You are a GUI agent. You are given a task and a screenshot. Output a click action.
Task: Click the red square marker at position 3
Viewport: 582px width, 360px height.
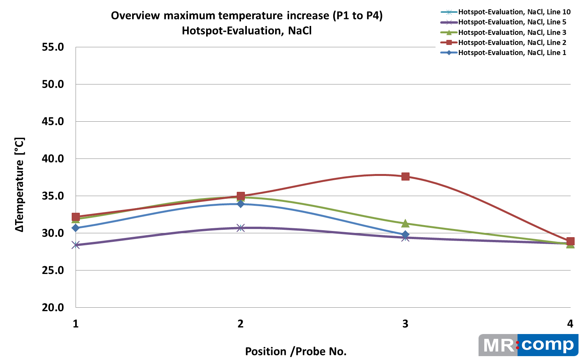(x=405, y=177)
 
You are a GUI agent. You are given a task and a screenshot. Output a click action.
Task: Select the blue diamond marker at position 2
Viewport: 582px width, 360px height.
(x=241, y=204)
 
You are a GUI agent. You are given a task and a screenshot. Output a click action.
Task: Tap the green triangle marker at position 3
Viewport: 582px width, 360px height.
(x=405, y=223)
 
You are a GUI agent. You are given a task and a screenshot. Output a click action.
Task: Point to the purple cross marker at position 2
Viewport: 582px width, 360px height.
(x=241, y=228)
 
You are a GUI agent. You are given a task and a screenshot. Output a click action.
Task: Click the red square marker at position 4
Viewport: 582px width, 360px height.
(x=570, y=241)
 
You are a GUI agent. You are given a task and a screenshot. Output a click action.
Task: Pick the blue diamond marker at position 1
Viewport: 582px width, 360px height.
(x=76, y=228)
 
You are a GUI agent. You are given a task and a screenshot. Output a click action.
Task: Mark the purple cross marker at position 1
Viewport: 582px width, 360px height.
(x=76, y=245)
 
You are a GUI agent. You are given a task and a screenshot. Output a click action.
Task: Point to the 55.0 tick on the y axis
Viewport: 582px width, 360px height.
(x=53, y=47)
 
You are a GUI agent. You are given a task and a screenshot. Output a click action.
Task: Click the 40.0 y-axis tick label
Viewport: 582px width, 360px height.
(x=53, y=158)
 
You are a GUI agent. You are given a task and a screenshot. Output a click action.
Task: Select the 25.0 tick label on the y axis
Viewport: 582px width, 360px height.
(x=53, y=270)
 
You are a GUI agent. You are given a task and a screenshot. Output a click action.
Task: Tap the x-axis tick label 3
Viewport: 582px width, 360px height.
(x=405, y=324)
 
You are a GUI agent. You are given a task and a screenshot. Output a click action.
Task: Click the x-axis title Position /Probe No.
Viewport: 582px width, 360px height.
(x=296, y=351)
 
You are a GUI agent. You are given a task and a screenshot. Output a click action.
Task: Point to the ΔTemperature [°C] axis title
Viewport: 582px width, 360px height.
(x=20, y=185)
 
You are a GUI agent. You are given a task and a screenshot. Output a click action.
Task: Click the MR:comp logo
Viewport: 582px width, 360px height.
(x=528, y=345)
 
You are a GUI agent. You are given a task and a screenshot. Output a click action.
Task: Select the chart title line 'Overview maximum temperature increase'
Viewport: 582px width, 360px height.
(x=246, y=16)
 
